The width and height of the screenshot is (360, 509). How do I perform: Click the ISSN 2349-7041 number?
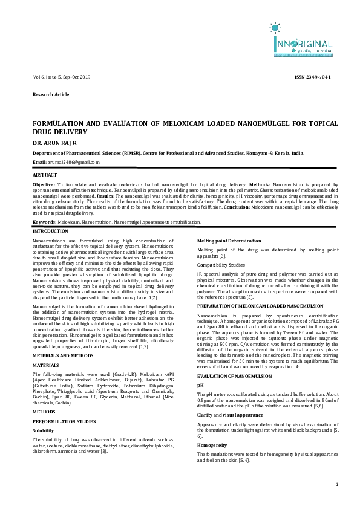click(x=312, y=77)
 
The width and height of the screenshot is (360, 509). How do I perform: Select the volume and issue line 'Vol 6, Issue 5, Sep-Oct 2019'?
click(x=61, y=77)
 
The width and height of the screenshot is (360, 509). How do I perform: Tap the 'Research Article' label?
click(x=51, y=95)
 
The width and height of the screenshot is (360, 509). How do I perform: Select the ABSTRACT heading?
click(x=45, y=174)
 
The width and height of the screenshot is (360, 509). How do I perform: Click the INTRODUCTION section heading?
click(x=50, y=232)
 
